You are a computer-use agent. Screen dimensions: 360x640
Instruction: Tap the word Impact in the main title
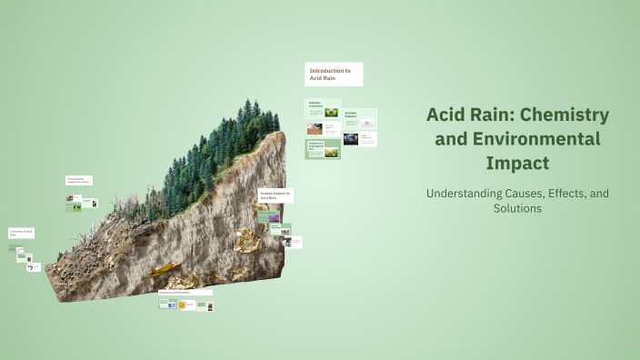coord(517,164)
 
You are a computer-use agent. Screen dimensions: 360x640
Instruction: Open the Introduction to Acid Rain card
coord(334,75)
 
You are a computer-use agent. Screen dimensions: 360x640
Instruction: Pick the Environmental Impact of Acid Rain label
coord(79,181)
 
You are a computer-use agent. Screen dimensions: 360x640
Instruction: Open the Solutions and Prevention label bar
coord(185,293)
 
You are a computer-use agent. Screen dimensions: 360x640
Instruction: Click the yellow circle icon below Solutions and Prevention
coord(182,305)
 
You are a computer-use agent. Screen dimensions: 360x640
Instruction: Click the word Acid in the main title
coord(447,115)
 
